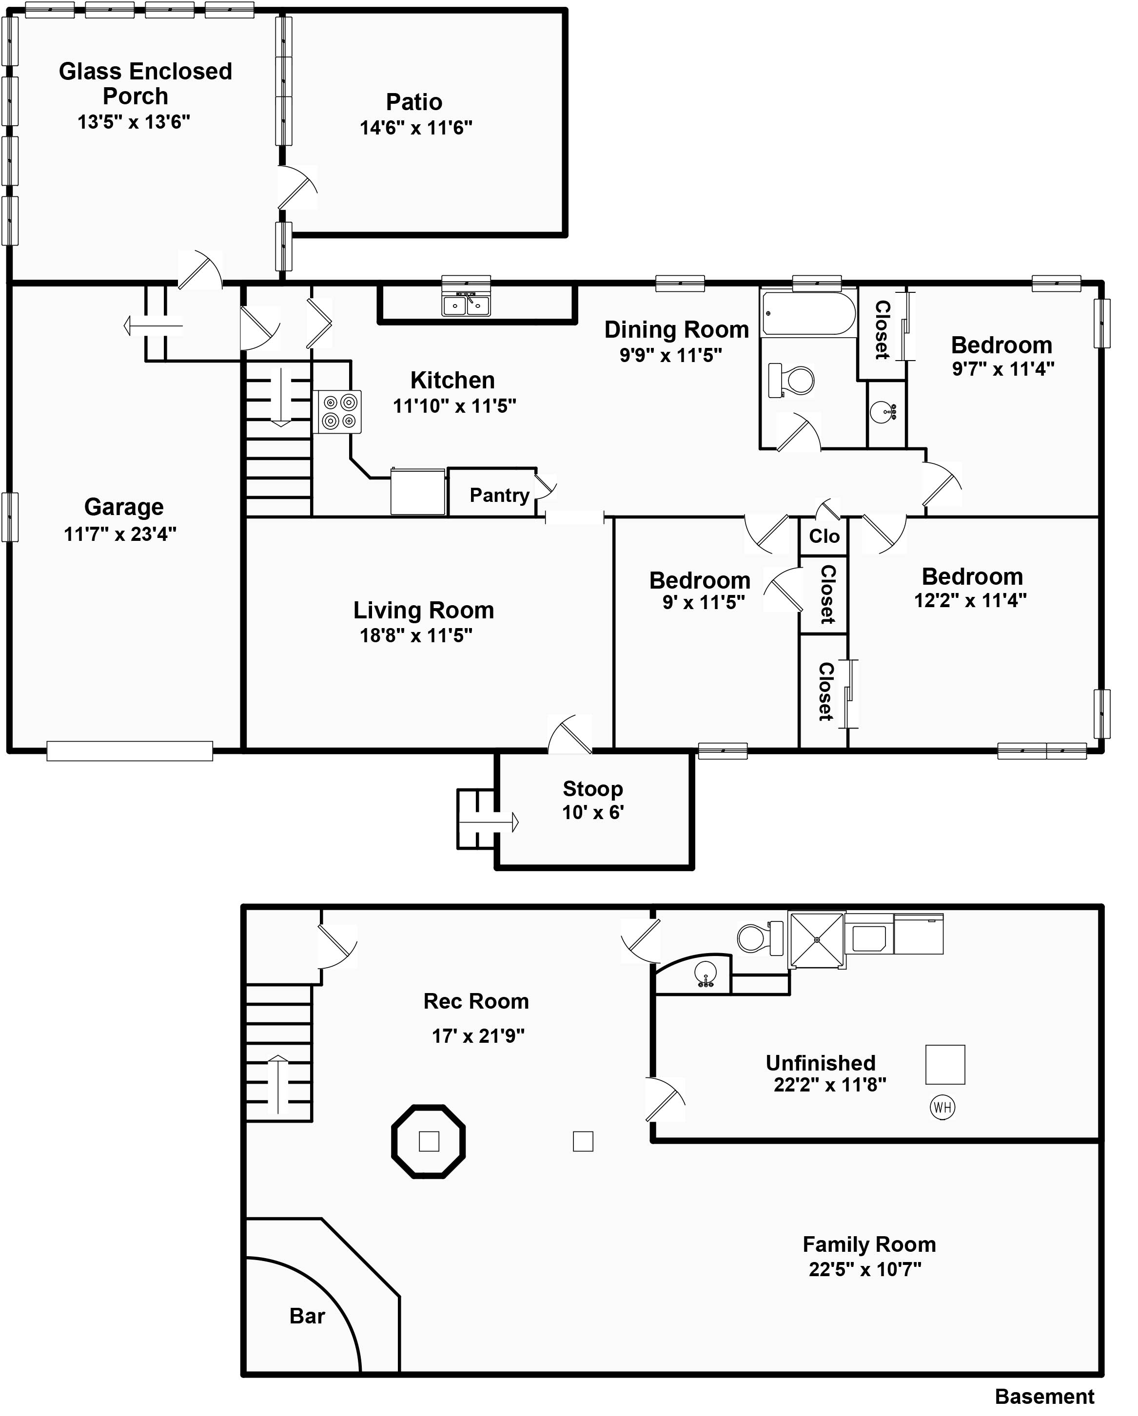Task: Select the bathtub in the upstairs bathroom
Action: click(809, 314)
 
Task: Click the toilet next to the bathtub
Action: click(791, 380)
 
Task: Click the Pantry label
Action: click(499, 495)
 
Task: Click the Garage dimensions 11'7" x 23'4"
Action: click(120, 534)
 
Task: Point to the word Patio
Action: click(414, 102)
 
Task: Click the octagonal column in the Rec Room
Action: click(429, 1142)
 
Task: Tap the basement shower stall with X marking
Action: click(817, 940)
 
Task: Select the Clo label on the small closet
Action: click(824, 536)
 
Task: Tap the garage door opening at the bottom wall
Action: click(129, 751)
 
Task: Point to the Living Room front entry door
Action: click(570, 734)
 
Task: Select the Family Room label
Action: click(868, 1244)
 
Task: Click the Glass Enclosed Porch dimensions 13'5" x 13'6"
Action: click(134, 122)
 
